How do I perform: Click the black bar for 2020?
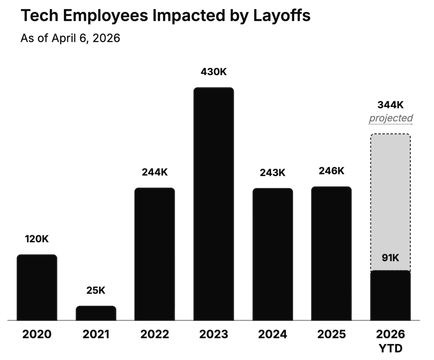[37, 288]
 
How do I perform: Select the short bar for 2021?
[96, 313]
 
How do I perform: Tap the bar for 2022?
[155, 254]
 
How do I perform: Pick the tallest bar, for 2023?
[213, 204]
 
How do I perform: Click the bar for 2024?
[272, 254]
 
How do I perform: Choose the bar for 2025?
[331, 254]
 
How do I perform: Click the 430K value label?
[213, 72]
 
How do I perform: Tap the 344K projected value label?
[390, 105]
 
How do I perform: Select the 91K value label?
[390, 258]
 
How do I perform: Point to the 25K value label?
[96, 290]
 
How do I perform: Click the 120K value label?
[37, 239]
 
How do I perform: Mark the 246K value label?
[331, 171]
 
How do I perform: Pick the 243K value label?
[272, 173]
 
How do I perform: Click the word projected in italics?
[391, 118]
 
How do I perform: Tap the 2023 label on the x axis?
[213, 334]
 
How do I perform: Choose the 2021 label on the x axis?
[96, 334]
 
